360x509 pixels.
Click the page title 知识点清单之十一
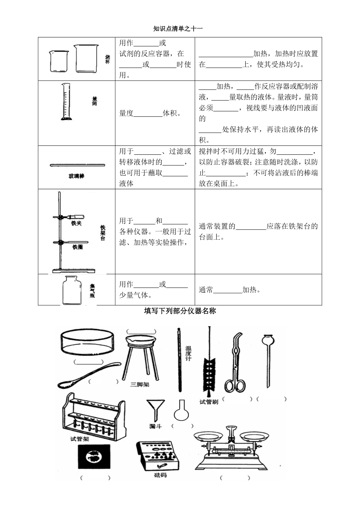tap(178, 28)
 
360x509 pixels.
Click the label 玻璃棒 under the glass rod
tap(76, 176)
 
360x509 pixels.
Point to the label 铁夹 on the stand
tap(76, 223)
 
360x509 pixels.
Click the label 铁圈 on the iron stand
tap(77, 247)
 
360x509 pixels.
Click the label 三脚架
tap(140, 384)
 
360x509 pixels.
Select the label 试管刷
tap(209, 402)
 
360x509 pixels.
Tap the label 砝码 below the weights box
tap(160, 475)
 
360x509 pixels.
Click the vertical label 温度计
tap(188, 353)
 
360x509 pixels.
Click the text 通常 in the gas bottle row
tap(206, 290)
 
